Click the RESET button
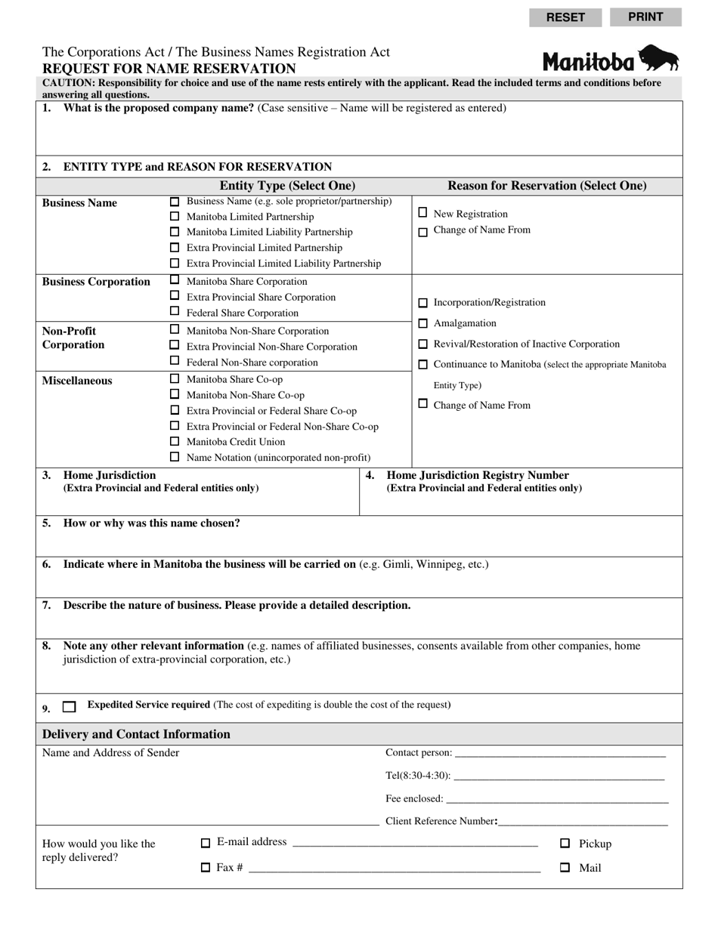tap(565, 17)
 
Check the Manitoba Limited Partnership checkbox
tap(175, 217)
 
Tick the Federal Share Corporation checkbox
tap(175, 312)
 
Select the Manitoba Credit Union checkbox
tap(175, 441)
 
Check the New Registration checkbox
tap(422, 213)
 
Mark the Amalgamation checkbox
tap(422, 323)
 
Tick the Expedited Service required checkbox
tap(70, 707)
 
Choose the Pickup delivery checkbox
tap(565, 843)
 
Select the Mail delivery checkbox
tap(565, 868)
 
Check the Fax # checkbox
tap(206, 868)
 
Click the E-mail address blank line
tap(414, 843)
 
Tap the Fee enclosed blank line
tap(557, 798)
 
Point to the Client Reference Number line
tap(583, 822)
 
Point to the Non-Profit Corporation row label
tap(73, 338)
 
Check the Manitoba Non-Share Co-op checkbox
tap(175, 394)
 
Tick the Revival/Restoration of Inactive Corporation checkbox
tap(422, 344)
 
